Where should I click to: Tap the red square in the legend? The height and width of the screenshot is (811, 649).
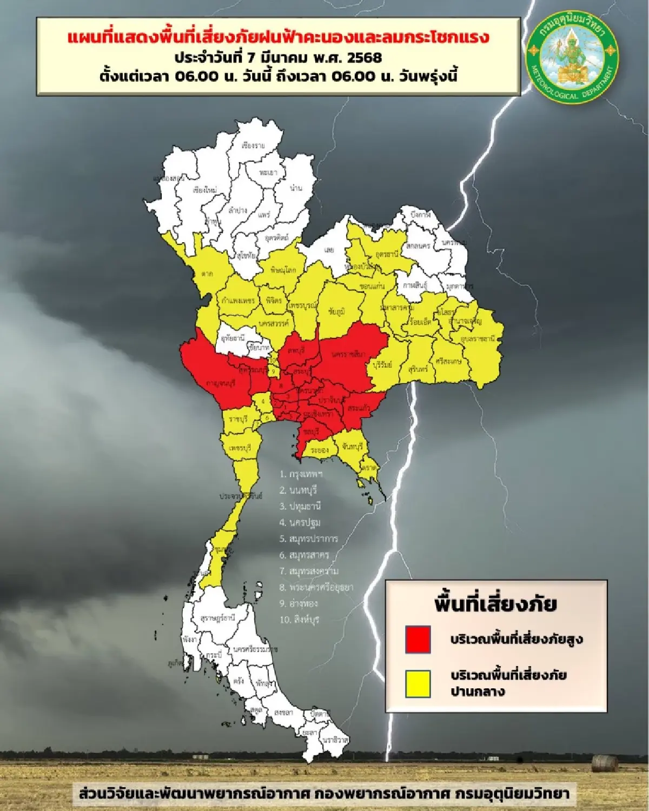point(418,639)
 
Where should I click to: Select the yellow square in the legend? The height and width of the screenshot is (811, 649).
point(418,683)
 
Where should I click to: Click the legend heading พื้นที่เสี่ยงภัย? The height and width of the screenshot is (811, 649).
point(495,604)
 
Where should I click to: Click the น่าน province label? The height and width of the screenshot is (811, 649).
point(296,188)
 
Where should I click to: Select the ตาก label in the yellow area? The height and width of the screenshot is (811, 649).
point(208,274)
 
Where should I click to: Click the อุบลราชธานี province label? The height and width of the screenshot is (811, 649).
point(478,338)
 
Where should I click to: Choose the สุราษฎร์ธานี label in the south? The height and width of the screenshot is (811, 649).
point(217,617)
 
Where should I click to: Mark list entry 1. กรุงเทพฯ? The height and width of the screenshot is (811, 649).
point(301,474)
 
